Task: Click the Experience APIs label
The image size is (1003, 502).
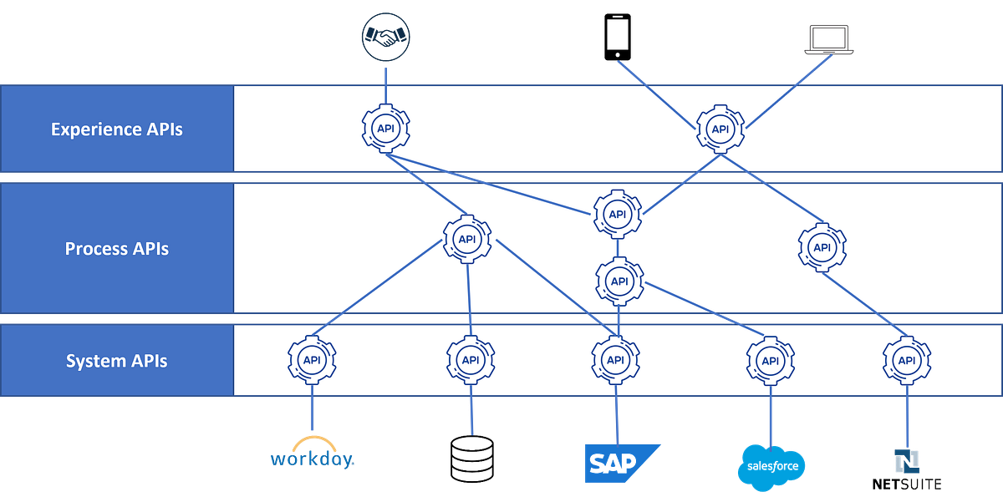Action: pyautogui.click(x=116, y=129)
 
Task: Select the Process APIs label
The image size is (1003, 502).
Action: pyautogui.click(x=116, y=249)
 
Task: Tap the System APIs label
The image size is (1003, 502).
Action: pyautogui.click(x=116, y=361)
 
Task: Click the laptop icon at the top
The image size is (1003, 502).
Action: pyautogui.click(x=829, y=40)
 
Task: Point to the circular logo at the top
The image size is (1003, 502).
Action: pyautogui.click(x=385, y=36)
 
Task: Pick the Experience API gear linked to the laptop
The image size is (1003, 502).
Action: pyautogui.click(x=720, y=129)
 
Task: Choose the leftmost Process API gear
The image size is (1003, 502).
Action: pyautogui.click(x=468, y=239)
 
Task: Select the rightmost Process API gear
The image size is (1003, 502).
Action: pyautogui.click(x=822, y=247)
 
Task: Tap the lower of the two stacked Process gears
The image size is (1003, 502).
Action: pyautogui.click(x=619, y=281)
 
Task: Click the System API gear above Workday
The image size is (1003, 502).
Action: pyautogui.click(x=312, y=360)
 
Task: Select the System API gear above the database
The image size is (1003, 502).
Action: pyautogui.click(x=471, y=360)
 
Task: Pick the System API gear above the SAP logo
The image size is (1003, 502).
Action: pyautogui.click(x=615, y=360)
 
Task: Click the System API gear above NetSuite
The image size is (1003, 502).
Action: pyautogui.click(x=906, y=360)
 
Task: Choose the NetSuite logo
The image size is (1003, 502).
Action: pyautogui.click(x=906, y=469)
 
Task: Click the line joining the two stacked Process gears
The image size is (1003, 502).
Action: pyautogui.click(x=618, y=248)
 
